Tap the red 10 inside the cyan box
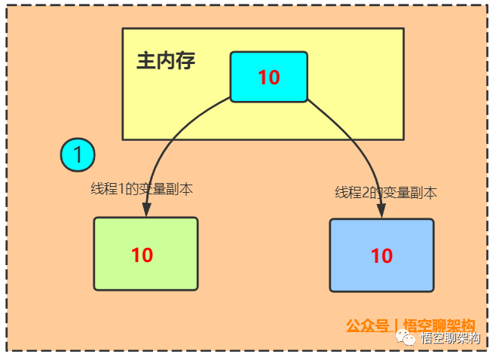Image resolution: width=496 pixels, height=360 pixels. pyautogui.click(x=268, y=77)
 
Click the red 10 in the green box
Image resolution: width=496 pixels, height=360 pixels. pyautogui.click(x=142, y=255)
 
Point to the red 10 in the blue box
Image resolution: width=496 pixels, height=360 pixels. pyautogui.click(x=381, y=256)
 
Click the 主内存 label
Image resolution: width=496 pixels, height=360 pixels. pyautogui.click(x=166, y=61)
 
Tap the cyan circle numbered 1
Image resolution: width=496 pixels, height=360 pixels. pyautogui.click(x=78, y=155)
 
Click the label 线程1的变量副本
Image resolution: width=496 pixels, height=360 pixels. pyautogui.click(x=142, y=189)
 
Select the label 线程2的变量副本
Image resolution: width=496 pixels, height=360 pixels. pyautogui.click(x=386, y=192)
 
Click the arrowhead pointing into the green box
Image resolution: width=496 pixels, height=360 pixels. pyautogui.click(x=145, y=212)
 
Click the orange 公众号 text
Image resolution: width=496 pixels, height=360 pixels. pyautogui.click(x=368, y=326)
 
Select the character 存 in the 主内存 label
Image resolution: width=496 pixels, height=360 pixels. pyautogui.click(x=185, y=61)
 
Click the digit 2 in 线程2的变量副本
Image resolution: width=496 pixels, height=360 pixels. pyautogui.click(x=365, y=193)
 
